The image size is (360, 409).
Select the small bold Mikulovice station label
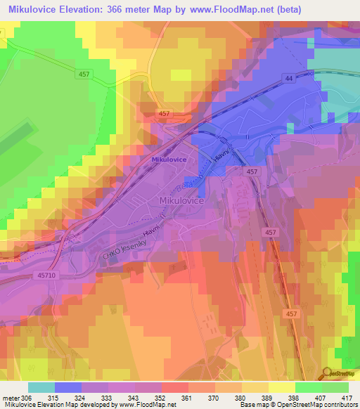tap(168, 160)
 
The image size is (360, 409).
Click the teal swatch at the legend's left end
tap(41, 387)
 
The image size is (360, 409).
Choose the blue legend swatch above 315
tap(67, 387)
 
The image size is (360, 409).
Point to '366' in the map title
tap(135, 9)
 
